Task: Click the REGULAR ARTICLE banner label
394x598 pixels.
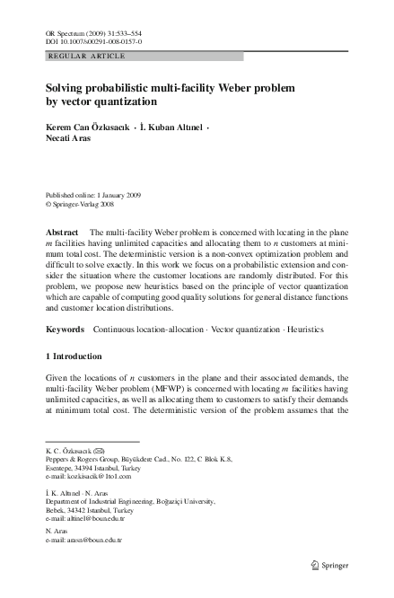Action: (85, 56)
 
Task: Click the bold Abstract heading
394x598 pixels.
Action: (63, 232)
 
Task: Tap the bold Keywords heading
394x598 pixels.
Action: (66, 330)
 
